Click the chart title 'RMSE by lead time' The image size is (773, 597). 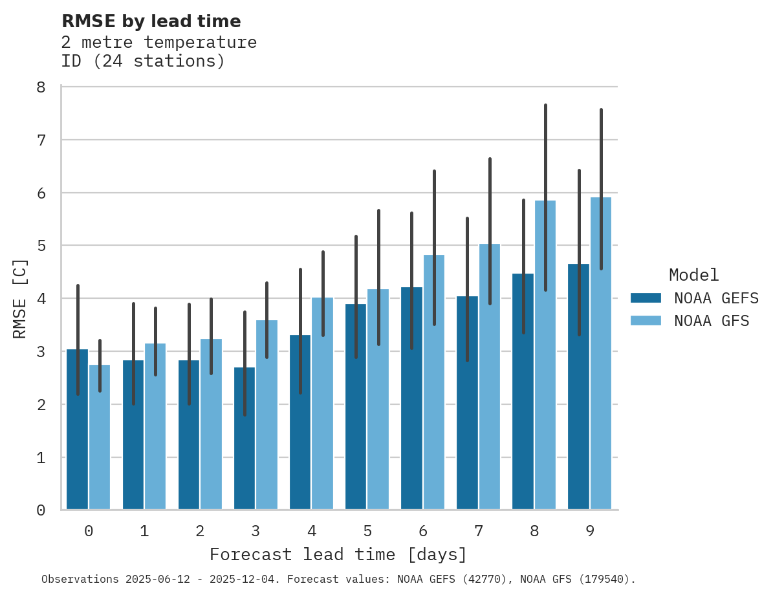(151, 21)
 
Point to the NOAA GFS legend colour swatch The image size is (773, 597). (646, 321)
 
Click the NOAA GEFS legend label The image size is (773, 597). (715, 298)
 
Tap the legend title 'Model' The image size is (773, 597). (693, 275)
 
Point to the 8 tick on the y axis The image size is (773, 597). (41, 87)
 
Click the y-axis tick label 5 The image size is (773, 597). (41, 246)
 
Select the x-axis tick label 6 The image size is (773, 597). (423, 531)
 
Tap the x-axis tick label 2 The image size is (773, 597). (200, 531)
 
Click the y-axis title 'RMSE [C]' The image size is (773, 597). (20, 298)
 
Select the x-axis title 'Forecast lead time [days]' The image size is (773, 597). (338, 555)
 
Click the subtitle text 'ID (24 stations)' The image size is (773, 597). (143, 61)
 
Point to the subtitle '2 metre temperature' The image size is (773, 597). (159, 43)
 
